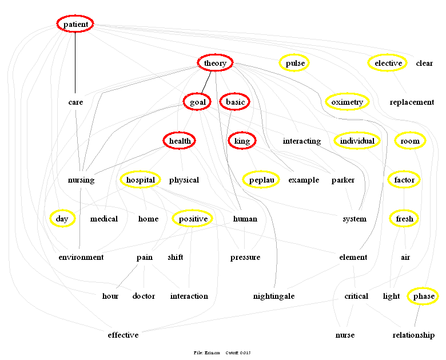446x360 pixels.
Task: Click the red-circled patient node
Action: (75, 24)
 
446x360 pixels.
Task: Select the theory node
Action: (215, 63)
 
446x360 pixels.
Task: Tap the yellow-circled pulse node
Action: (294, 63)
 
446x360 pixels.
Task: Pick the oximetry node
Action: (347, 102)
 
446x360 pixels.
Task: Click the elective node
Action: (388, 63)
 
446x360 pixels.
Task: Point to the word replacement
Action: (412, 102)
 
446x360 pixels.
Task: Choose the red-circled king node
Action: (242, 141)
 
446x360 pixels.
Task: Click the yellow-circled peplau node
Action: (261, 180)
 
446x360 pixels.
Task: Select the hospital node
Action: (141, 180)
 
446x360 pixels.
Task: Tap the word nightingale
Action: (274, 296)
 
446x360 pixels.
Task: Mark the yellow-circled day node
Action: (62, 219)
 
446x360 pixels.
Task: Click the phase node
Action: (424, 296)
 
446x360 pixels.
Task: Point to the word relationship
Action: (413, 335)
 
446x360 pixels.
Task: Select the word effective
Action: (123, 335)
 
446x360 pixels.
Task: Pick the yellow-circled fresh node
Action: (404, 219)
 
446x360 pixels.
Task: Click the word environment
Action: (81, 257)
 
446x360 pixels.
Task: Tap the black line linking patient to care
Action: (75, 63)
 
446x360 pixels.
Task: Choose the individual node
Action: (357, 141)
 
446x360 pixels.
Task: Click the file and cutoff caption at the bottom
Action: (222, 353)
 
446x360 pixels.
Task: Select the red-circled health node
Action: (180, 141)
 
